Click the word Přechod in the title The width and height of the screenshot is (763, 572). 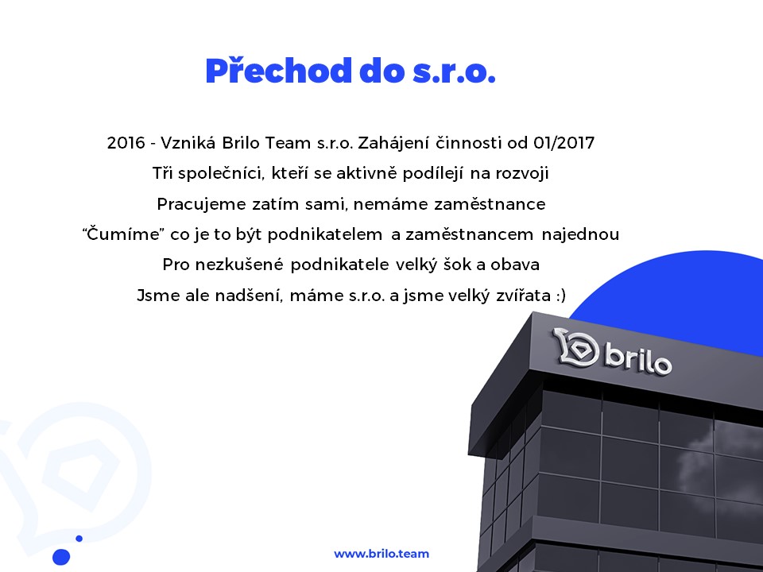point(279,71)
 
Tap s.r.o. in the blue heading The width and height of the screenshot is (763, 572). point(454,72)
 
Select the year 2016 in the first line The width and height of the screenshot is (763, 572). point(126,143)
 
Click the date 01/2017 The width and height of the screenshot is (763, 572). point(564,143)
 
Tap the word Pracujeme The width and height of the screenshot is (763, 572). point(201,204)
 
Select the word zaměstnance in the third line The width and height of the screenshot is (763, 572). point(490,204)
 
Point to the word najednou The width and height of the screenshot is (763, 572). point(580,234)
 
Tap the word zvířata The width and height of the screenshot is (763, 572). point(523,296)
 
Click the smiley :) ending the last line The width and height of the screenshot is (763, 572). point(560,296)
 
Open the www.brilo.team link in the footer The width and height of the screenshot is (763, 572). point(381,554)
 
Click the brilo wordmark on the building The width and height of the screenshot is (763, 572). point(637,359)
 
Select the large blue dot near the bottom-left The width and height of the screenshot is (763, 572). point(61,556)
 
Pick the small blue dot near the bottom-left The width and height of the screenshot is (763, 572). point(79,539)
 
